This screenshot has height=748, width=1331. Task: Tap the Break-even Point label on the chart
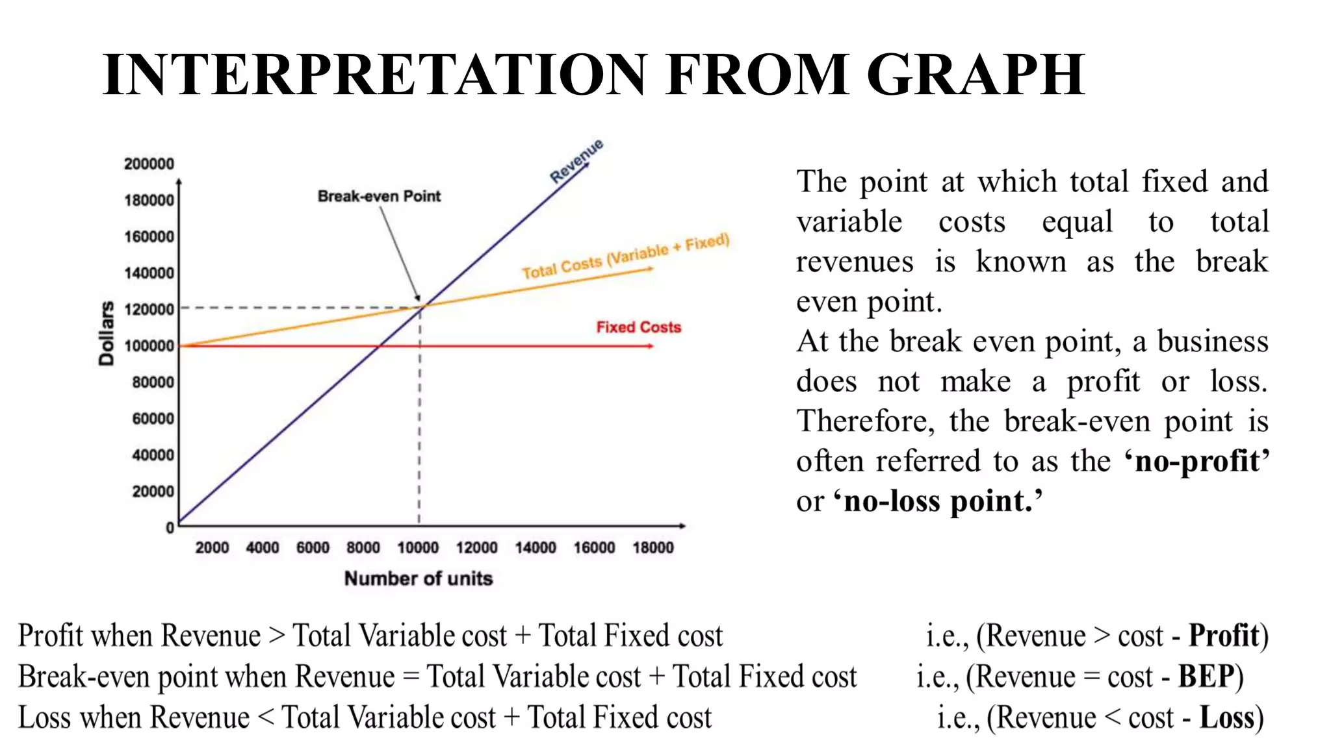tap(379, 196)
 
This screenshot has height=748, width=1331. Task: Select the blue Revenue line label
tap(576, 160)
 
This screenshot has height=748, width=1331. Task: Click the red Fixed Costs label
tap(638, 327)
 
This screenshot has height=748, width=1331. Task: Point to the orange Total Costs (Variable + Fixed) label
tap(625, 257)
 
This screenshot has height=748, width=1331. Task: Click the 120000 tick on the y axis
tap(149, 309)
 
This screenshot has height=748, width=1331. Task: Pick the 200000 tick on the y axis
tap(149, 164)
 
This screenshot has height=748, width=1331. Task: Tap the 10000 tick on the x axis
tap(417, 548)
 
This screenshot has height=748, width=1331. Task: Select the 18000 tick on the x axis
tap(653, 548)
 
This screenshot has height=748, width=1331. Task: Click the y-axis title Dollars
tap(106, 333)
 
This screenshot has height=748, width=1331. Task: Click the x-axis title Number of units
tap(418, 579)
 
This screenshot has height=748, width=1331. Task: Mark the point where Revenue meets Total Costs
tap(421, 306)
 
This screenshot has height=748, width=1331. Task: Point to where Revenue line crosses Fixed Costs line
tap(379, 346)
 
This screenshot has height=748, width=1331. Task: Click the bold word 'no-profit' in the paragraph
tap(1196, 462)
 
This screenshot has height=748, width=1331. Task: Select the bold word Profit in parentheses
tap(1224, 636)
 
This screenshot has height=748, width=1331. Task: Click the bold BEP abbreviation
tap(1206, 677)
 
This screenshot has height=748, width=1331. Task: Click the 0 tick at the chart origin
tap(170, 528)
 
